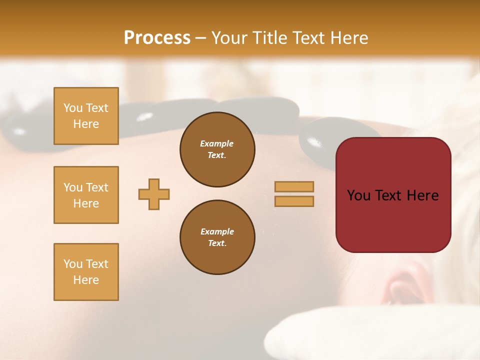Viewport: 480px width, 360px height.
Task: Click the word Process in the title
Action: [157, 38]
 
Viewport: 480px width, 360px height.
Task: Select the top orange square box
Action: [86, 116]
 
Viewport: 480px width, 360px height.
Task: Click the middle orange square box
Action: [86, 195]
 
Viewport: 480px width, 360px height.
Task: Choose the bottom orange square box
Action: [86, 272]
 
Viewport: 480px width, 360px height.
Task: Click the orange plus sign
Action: [154, 194]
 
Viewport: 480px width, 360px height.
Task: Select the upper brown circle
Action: [217, 149]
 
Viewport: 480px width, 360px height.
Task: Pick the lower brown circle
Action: [217, 237]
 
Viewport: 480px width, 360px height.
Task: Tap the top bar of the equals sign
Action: [294, 186]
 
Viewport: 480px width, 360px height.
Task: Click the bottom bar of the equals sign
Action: [294, 201]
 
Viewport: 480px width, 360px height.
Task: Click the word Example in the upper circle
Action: [217, 143]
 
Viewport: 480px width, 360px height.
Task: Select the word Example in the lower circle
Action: [217, 231]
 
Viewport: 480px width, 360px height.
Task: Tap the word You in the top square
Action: [72, 108]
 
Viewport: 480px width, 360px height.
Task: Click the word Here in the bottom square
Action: [86, 280]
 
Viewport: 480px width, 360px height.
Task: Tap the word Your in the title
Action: [230, 38]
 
